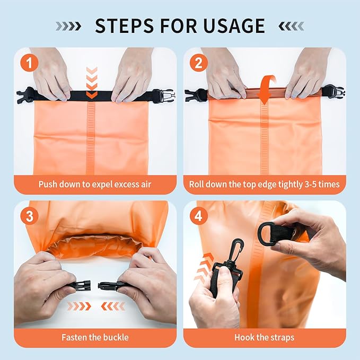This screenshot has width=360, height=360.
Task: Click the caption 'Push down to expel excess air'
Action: point(95,185)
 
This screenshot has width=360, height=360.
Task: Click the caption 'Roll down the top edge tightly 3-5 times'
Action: point(265,185)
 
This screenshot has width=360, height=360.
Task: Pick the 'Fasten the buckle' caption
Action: point(95,337)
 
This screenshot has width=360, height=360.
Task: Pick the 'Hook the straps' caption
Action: point(265,337)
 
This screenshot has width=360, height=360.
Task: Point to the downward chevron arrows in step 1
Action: point(92,82)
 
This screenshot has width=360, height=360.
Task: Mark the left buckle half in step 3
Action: point(80,286)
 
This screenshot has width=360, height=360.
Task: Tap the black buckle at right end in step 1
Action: point(162,95)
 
